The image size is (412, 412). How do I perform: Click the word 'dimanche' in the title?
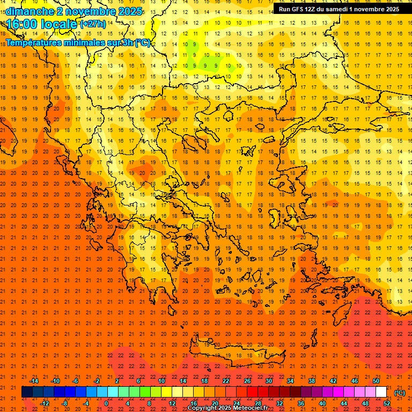(30, 11)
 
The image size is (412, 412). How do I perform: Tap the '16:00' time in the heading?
(21, 24)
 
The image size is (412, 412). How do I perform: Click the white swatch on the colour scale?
(381, 392)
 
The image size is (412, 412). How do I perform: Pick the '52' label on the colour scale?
(387, 403)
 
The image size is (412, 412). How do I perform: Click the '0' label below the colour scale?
(107, 403)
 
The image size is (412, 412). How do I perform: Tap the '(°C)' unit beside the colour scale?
(400, 393)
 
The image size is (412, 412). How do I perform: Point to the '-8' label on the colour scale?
(65, 403)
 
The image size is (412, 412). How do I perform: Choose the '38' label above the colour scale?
(312, 381)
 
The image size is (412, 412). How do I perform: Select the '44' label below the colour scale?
(344, 403)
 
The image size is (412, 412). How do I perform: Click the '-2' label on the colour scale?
(97, 381)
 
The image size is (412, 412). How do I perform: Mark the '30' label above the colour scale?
(269, 381)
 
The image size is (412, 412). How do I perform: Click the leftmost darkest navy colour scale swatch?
(27, 392)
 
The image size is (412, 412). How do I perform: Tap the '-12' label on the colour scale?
(45, 403)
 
